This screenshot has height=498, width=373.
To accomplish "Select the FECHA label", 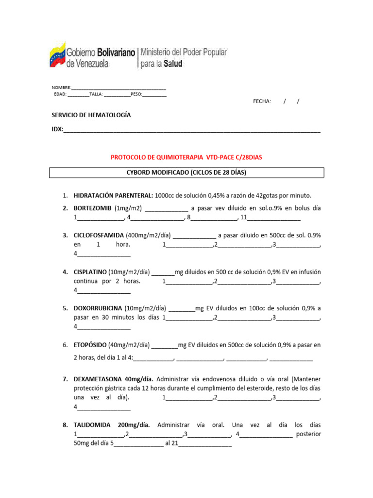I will [262, 101].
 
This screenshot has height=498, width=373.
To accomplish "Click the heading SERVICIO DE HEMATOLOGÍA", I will [91, 115].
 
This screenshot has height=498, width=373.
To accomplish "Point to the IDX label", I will [57, 130].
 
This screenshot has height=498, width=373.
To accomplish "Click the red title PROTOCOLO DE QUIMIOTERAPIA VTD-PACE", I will [186, 158].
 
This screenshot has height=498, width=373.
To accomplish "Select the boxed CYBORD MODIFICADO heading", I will [187, 173].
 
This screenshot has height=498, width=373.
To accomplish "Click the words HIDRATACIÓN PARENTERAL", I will [113, 196].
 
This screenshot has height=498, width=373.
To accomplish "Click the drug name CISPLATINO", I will [90, 272].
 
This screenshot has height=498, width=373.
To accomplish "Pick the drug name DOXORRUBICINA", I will [98, 308].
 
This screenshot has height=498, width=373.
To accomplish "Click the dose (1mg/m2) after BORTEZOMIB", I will [128, 208].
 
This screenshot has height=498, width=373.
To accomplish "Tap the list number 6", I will [65, 345].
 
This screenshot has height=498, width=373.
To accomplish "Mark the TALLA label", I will [96, 94].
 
